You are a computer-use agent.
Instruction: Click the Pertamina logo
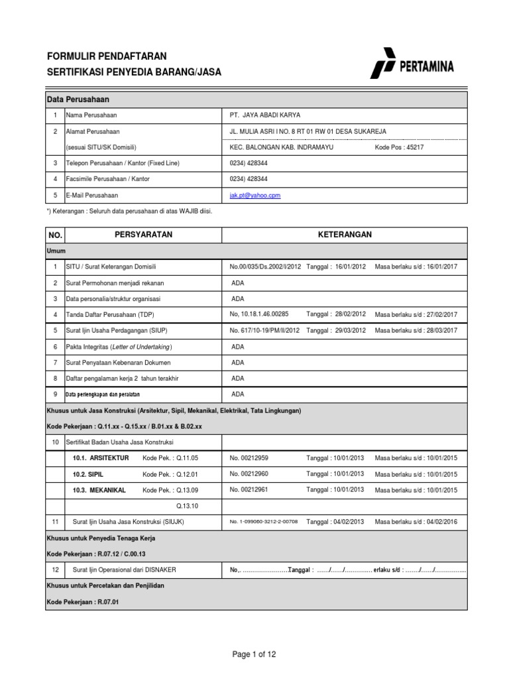412,66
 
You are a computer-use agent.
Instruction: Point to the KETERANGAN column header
345,235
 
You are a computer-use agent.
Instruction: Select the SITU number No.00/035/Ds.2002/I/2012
265,267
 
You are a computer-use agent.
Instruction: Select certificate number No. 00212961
249,490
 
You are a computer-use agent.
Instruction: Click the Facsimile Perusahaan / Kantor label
107,179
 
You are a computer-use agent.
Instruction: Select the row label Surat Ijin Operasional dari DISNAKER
124,570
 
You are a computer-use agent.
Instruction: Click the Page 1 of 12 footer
254,654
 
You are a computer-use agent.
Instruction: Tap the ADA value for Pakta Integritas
237,347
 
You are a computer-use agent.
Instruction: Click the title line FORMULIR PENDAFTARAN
107,56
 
